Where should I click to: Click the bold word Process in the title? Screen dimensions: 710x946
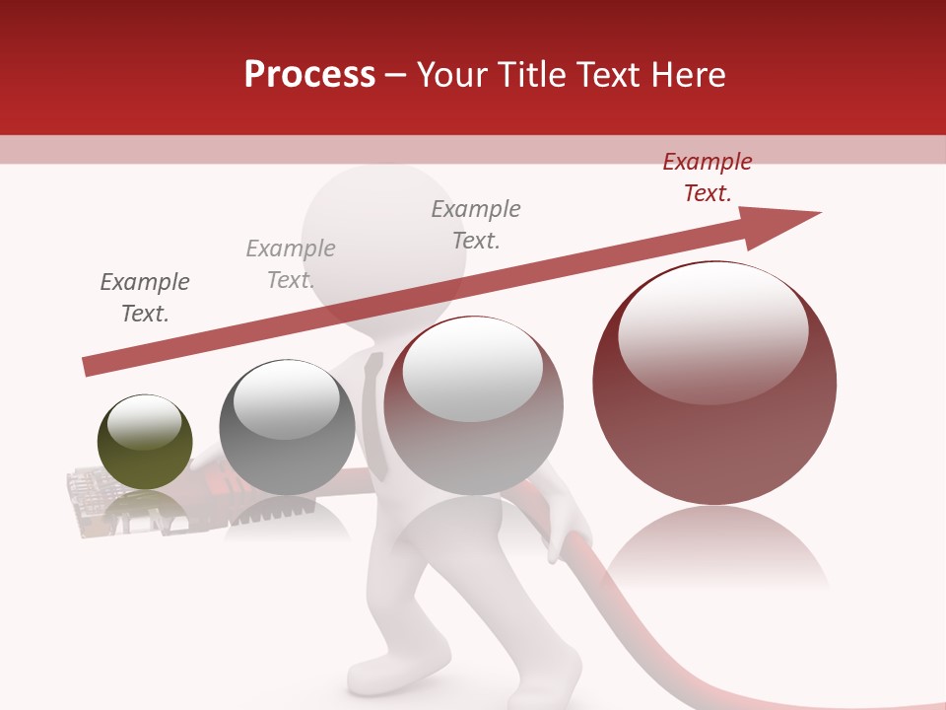[309, 75]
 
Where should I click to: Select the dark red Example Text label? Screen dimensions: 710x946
[707, 177]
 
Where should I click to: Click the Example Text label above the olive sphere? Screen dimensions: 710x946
[145, 298]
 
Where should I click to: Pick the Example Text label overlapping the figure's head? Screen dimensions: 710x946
[476, 225]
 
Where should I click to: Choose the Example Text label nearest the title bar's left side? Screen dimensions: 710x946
[291, 264]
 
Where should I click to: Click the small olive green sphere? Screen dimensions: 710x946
[145, 442]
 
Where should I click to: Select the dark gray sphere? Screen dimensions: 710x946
[287, 427]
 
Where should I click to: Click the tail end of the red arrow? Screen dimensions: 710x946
[91, 366]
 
